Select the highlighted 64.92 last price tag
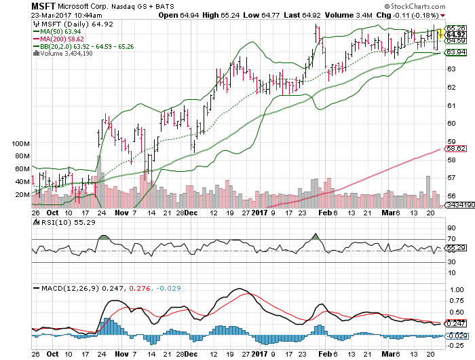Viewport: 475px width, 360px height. point(455,34)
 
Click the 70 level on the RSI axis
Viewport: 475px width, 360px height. point(449,238)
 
